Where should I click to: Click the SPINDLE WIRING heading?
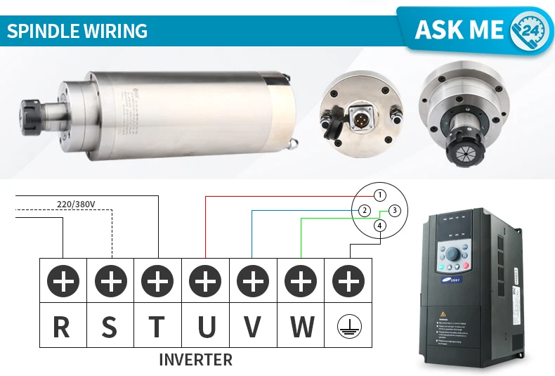77,31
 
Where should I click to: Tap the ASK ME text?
459,30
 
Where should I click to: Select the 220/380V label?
76,205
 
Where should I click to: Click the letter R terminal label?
62,326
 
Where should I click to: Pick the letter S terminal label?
110,326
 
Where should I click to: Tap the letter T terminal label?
157,326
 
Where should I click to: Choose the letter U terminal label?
205,326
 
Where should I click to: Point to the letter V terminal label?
253,326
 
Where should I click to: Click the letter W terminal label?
301,326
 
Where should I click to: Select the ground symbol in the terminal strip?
348,327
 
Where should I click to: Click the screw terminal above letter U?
205,282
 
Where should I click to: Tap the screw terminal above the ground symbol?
348,282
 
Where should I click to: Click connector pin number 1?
379,195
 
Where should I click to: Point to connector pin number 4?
379,226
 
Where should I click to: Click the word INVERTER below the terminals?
195,360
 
